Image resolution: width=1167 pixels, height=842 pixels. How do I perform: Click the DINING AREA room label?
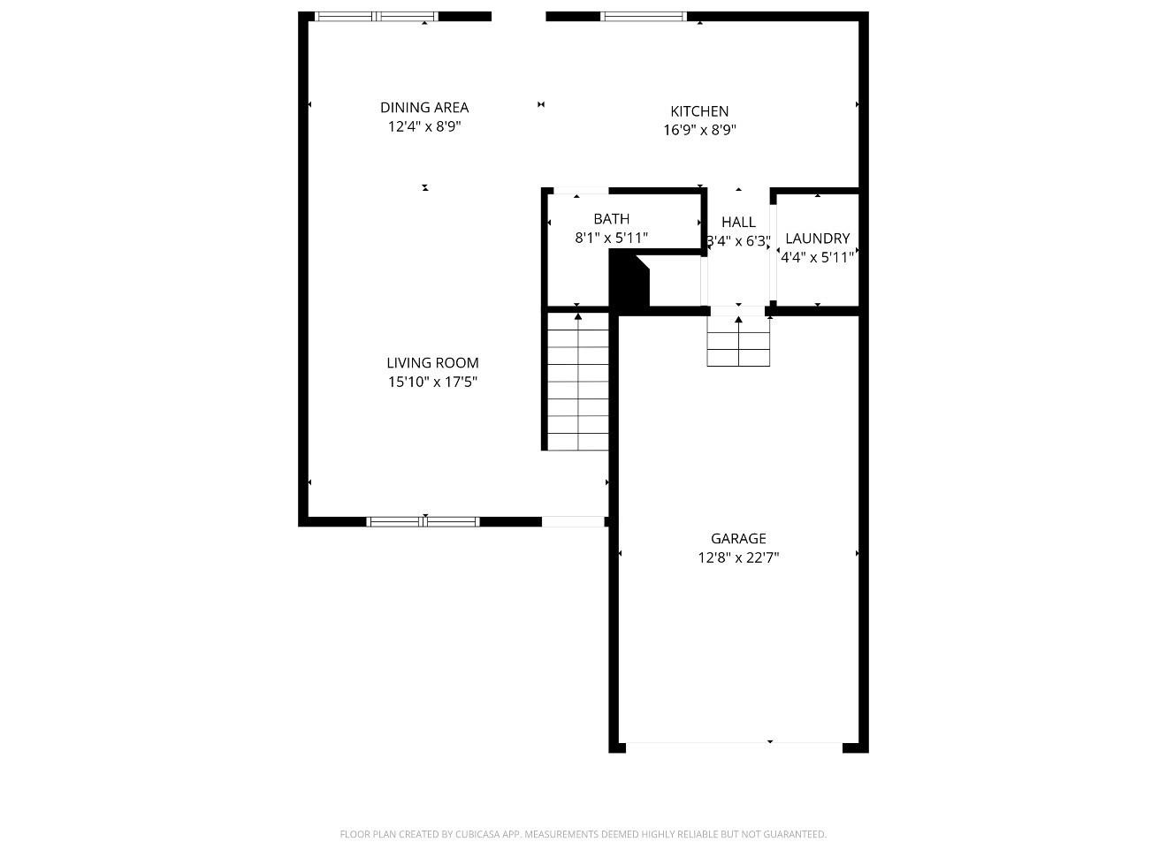tap(424, 107)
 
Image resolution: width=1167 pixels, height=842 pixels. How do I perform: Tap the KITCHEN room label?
tap(699, 111)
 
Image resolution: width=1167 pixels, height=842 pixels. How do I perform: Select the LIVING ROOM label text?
tap(432, 362)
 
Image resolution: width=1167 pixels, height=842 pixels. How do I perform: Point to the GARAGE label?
tap(738, 538)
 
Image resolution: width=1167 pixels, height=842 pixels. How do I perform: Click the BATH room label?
tap(612, 219)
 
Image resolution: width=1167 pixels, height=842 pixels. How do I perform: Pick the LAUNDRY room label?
tap(818, 238)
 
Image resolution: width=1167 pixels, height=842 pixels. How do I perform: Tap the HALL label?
tap(739, 223)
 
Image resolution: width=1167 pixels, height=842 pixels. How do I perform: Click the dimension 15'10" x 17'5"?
tap(432, 383)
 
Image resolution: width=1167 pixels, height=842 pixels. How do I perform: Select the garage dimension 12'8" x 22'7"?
tap(738, 558)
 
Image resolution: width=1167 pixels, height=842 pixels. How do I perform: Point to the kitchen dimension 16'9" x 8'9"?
tap(699, 130)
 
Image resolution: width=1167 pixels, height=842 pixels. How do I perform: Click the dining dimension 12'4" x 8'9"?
tap(424, 126)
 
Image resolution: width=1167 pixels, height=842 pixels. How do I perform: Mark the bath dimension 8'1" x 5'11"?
tap(612, 238)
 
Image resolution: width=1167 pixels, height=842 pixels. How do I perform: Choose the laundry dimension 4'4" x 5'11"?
tap(818, 257)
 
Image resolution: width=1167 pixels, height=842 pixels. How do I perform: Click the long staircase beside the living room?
tap(578, 381)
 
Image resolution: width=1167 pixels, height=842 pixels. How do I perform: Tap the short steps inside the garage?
tap(738, 341)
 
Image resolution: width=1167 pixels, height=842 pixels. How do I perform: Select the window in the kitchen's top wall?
tap(644, 17)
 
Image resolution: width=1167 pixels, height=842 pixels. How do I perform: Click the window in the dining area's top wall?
tap(377, 17)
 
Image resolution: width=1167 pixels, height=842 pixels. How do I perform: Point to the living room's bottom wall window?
tap(423, 522)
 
